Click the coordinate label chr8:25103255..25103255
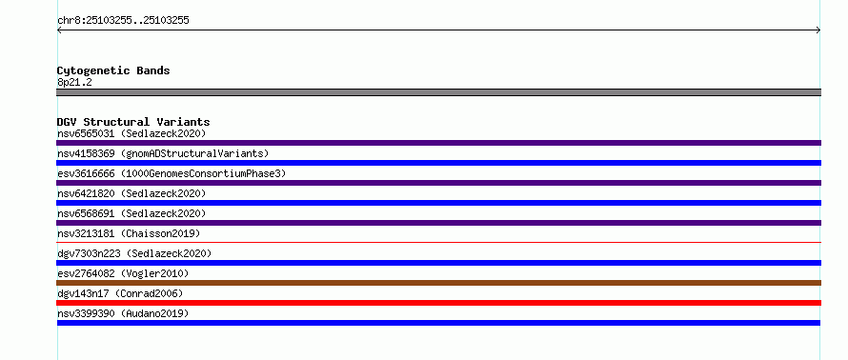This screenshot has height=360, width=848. tap(123, 21)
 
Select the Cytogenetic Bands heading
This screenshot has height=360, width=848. tap(113, 70)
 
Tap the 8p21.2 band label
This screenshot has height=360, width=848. tap(74, 82)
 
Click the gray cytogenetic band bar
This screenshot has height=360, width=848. tap(438, 92)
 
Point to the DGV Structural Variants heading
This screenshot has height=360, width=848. tap(133, 122)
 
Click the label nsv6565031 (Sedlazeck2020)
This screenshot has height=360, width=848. tap(131, 133)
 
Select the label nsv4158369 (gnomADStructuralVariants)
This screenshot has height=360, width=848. tap(163, 153)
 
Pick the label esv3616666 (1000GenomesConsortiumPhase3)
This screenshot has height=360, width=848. tap(172, 173)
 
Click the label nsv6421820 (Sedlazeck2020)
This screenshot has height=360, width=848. tap(131, 193)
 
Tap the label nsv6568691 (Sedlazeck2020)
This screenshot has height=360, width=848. tap(131, 213)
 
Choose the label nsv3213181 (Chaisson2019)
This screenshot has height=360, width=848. tap(129, 233)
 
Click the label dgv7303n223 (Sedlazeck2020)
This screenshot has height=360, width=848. tap(134, 253)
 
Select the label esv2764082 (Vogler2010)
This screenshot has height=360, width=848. tap(123, 273)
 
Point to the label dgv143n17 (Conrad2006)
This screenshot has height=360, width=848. tap(120, 293)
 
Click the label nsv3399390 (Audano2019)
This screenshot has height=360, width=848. tap(123, 313)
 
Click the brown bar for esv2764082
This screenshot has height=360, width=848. tap(438, 283)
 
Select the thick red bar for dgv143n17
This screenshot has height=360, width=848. tap(438, 303)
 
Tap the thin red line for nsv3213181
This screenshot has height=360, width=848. tap(438, 243)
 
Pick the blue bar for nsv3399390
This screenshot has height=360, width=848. tap(438, 323)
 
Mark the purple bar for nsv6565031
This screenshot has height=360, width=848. tap(438, 143)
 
